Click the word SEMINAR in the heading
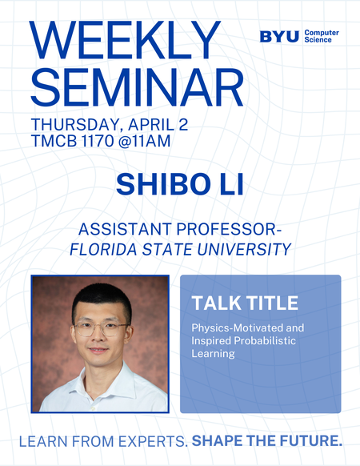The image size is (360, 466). click(136, 87)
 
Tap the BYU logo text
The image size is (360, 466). click(280, 36)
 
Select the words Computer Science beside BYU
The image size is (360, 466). click(322, 36)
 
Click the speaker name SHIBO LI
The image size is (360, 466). click(179, 183)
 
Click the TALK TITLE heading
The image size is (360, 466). click(245, 303)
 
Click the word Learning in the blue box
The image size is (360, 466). click(212, 353)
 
